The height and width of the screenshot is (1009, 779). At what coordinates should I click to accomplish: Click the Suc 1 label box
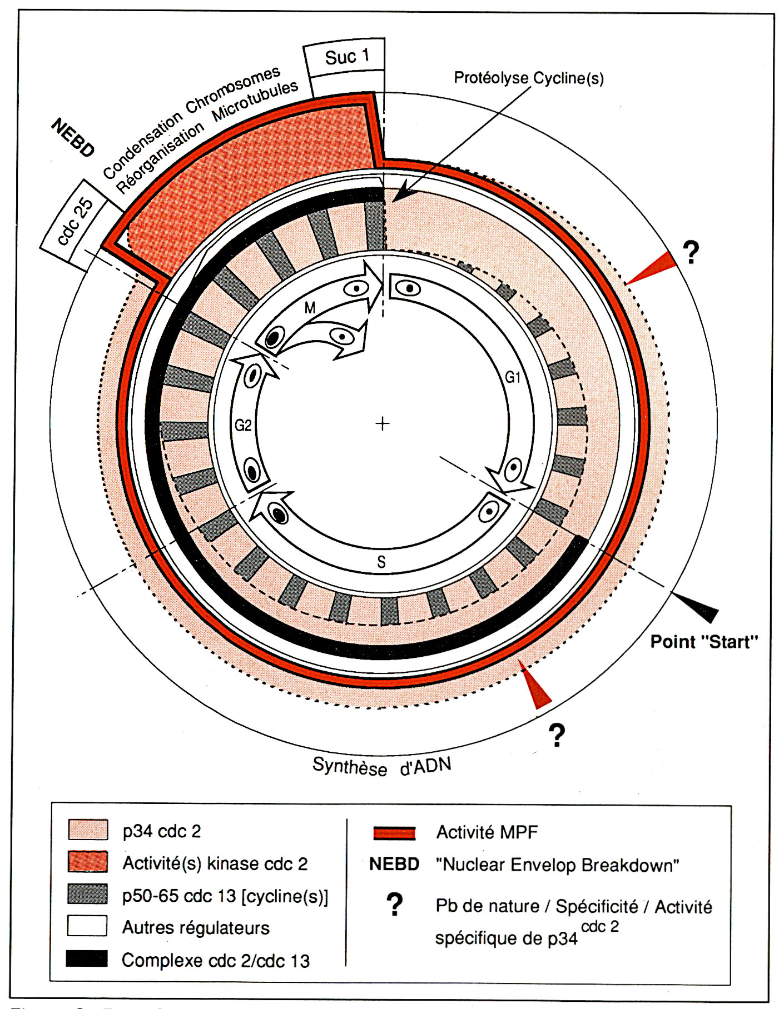(x=345, y=56)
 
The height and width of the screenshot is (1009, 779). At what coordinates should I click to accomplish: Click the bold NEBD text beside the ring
(x=73, y=138)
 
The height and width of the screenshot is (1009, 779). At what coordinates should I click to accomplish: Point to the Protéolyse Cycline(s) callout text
(x=528, y=78)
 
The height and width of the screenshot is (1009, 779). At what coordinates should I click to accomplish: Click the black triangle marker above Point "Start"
(x=698, y=607)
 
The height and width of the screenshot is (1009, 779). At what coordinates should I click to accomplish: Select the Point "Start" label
(x=704, y=642)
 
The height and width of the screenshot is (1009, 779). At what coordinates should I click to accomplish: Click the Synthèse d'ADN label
(x=381, y=766)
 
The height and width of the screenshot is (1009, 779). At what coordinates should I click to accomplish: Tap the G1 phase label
(x=513, y=378)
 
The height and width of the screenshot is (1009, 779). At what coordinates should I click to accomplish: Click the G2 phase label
(x=243, y=426)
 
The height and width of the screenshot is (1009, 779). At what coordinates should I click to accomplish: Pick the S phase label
(x=381, y=562)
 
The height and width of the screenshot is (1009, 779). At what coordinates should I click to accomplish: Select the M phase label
(x=310, y=307)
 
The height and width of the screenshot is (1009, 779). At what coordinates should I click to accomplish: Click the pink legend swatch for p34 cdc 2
(x=87, y=830)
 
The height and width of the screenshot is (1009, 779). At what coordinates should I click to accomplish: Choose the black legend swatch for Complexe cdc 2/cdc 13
(x=87, y=959)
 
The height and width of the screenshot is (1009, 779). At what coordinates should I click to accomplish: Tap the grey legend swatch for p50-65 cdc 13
(x=87, y=894)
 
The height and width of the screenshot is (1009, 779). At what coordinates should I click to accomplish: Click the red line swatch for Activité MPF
(x=394, y=832)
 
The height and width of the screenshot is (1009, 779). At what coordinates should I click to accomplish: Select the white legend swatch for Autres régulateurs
(x=87, y=926)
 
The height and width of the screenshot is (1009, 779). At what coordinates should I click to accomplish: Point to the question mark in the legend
(x=394, y=905)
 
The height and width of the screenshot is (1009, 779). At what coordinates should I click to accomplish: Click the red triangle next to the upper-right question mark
(x=653, y=269)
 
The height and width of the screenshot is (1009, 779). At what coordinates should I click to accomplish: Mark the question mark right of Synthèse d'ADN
(x=557, y=736)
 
